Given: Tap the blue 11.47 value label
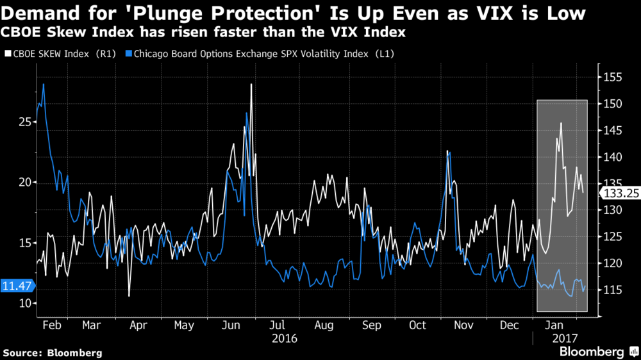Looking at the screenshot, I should click(16, 286).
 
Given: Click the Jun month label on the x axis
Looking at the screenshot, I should click(231, 325).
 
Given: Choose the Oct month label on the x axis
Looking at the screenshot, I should click(417, 325).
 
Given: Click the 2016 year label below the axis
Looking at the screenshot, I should click(285, 338).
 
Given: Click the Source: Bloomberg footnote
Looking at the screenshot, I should click(53, 352).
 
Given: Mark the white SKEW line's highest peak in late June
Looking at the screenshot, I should click(251, 84).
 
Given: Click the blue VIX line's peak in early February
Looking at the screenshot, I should click(44, 84).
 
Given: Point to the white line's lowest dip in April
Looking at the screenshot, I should click(129, 296).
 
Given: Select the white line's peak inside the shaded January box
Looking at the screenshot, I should click(561, 123).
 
